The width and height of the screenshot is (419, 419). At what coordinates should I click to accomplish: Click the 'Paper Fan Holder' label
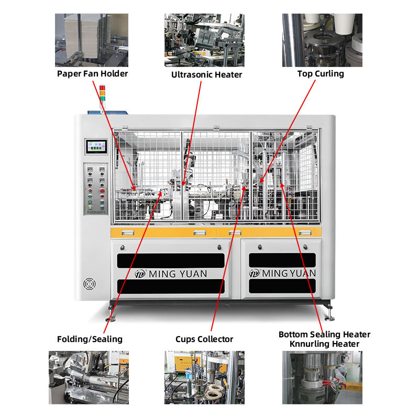tap(92, 73)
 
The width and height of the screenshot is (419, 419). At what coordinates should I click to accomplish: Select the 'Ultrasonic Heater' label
tap(207, 74)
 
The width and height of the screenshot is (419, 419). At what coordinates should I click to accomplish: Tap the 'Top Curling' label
tap(321, 73)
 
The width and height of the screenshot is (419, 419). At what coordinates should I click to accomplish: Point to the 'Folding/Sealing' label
tap(90, 339)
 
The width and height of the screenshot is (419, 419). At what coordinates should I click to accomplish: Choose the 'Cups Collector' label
tap(204, 339)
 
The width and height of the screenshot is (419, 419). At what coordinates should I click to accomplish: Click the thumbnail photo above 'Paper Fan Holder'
tap(92, 40)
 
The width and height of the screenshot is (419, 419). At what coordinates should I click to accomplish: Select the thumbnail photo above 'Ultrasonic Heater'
tap(205, 40)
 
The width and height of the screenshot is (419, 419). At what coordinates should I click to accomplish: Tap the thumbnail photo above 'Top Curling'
tap(322, 40)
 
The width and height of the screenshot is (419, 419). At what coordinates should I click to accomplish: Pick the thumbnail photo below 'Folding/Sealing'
tap(89, 377)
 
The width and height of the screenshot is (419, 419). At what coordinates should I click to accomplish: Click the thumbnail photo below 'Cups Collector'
tap(204, 377)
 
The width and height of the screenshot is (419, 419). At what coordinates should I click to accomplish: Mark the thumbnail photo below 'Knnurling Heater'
tap(322, 377)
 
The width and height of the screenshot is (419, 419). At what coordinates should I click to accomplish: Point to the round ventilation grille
tap(89, 284)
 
